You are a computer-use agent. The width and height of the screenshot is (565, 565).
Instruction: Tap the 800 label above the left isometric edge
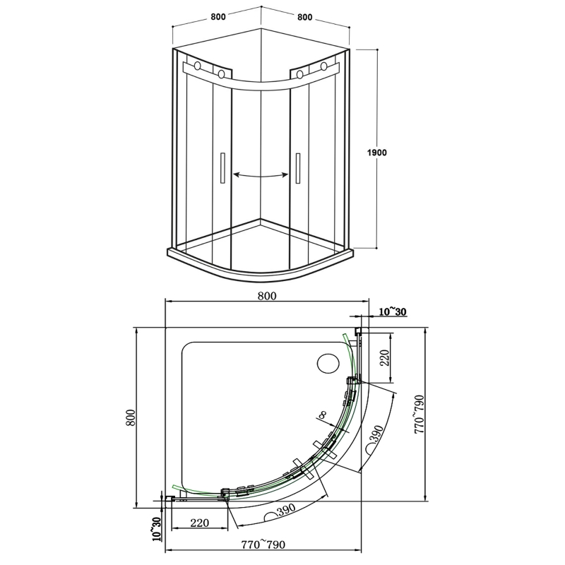[218, 18]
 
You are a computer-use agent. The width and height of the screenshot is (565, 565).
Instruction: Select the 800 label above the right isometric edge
[305, 18]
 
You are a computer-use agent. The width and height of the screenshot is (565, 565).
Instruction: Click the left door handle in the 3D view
[222, 169]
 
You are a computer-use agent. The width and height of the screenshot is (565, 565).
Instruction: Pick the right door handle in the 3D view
[299, 169]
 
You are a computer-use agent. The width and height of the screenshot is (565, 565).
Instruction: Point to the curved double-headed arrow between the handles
[261, 175]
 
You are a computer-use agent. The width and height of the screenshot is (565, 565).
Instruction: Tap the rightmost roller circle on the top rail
[324, 68]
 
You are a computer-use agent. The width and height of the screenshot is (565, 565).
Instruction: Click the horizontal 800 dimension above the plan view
[266, 297]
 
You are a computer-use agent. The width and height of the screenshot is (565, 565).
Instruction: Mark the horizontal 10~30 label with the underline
[392, 311]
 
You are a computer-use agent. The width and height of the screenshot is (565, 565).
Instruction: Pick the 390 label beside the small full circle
[375, 434]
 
